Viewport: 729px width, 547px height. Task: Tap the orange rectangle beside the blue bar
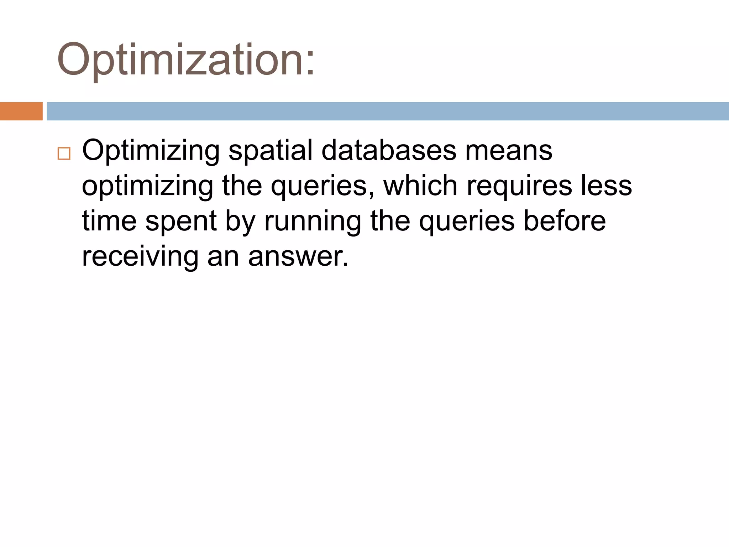[21, 111]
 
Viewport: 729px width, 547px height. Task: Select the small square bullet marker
[64, 153]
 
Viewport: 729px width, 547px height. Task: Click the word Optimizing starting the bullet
[151, 151]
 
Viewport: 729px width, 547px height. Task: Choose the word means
[509, 151]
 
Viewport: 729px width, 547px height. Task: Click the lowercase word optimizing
[147, 187]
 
